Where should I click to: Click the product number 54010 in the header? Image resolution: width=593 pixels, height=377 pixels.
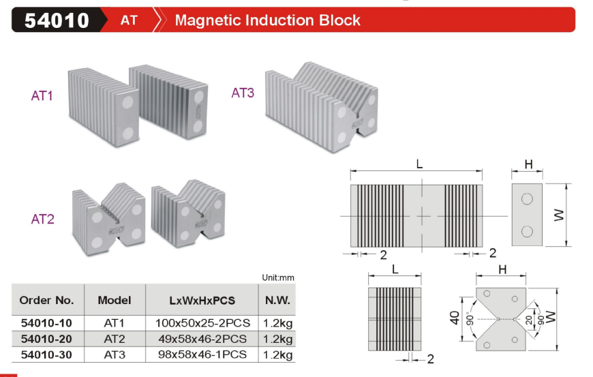pyautogui.click(x=57, y=20)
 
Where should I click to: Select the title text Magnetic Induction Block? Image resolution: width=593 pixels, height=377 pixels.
pyautogui.click(x=267, y=20)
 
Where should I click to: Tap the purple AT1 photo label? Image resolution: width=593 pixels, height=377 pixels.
pyautogui.click(x=42, y=96)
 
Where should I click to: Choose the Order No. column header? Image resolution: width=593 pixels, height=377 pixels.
pyautogui.click(x=46, y=300)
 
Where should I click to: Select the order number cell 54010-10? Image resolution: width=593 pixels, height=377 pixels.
pyautogui.click(x=46, y=322)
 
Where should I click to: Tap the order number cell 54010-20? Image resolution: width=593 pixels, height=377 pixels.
pyautogui.click(x=46, y=339)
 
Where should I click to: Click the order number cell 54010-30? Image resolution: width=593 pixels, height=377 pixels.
pyautogui.click(x=46, y=355)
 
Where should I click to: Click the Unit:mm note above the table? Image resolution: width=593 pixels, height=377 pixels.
pyautogui.click(x=278, y=277)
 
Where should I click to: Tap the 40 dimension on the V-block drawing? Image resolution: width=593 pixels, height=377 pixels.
pyautogui.click(x=455, y=318)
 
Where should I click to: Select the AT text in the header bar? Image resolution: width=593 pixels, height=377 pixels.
pyautogui.click(x=129, y=20)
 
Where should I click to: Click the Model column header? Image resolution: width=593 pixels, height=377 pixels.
pyautogui.click(x=114, y=300)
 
